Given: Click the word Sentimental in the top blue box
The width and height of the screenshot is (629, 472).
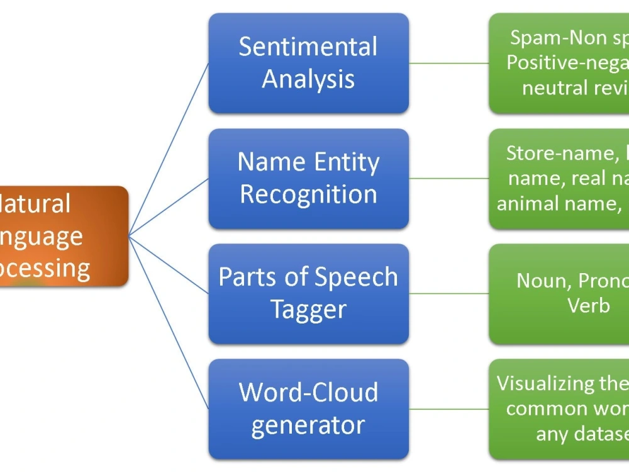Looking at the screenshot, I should [308, 47].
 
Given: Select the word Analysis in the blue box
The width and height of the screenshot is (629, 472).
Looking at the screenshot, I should [308, 80].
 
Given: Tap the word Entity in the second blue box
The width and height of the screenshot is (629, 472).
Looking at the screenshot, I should [348, 162].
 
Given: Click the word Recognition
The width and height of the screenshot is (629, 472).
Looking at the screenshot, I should [308, 194].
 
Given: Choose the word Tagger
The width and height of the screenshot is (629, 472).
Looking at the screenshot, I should [308, 310].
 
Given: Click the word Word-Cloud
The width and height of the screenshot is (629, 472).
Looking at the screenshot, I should [308, 392].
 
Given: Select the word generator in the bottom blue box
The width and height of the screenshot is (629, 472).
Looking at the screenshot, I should [308, 425].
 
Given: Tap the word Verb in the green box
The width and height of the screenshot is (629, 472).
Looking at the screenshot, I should [589, 305].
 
